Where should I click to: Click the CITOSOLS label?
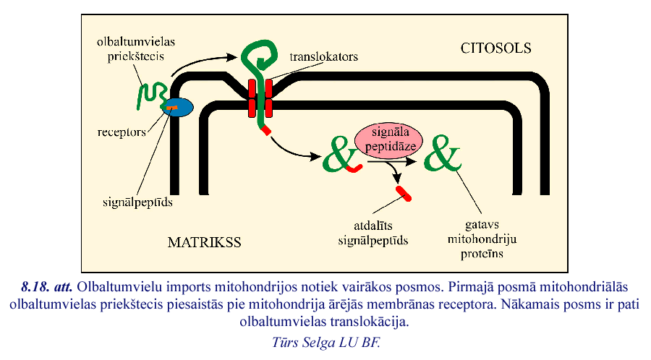click(x=495, y=48)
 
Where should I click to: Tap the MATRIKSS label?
click(x=204, y=241)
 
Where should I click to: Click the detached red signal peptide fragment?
click(x=404, y=193)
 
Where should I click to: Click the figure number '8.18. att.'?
click(x=49, y=286)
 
